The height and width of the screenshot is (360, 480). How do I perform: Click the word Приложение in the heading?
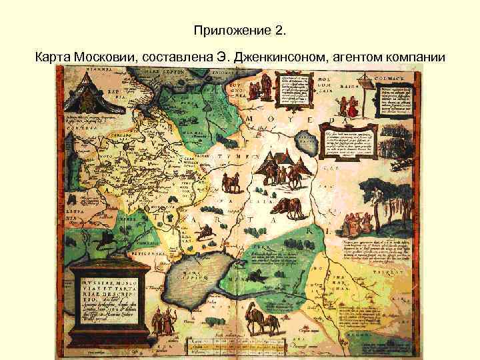click(223, 30)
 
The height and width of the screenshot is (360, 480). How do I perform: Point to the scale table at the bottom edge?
click(237, 347)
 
